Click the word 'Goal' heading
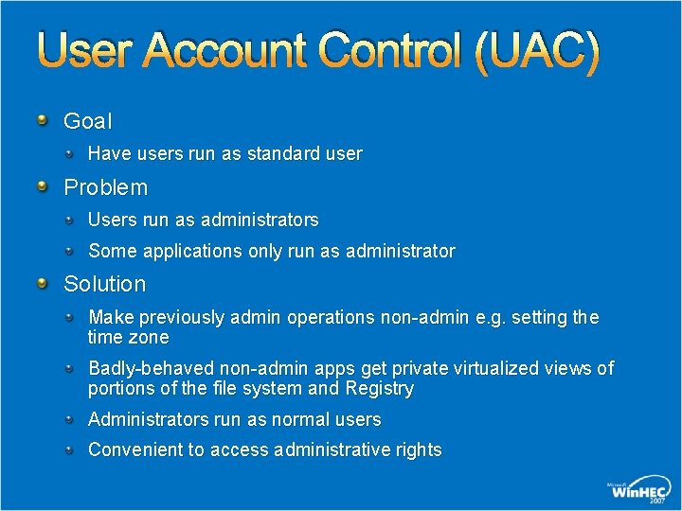(87, 121)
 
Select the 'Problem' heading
(105, 187)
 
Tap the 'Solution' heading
(104, 284)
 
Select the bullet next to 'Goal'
(43, 119)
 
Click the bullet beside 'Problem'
(43, 185)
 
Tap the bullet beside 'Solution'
(43, 282)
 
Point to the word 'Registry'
(379, 388)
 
